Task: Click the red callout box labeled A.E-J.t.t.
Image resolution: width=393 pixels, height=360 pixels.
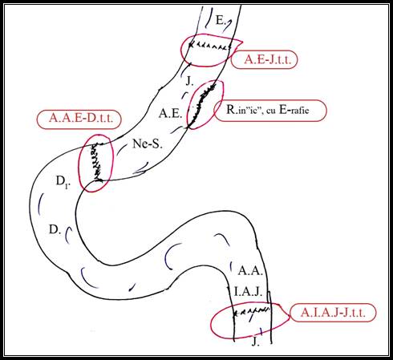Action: (x=264, y=59)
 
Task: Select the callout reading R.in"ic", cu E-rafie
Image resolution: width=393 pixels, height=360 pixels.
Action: (x=270, y=111)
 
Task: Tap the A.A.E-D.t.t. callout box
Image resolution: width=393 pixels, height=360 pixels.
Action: (x=79, y=119)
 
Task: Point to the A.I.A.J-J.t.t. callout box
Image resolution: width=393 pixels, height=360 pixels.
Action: (x=333, y=313)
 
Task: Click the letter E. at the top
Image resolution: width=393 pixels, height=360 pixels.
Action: (x=221, y=20)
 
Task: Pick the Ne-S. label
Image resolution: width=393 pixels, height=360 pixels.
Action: (x=148, y=144)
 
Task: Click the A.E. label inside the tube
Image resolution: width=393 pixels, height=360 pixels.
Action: (x=170, y=114)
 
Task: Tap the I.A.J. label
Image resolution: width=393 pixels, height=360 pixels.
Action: (x=248, y=292)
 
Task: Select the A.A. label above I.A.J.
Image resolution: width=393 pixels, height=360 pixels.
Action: (x=250, y=271)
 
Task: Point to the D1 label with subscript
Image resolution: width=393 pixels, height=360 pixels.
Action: (x=63, y=182)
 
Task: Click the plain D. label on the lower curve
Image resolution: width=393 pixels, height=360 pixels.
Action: (x=55, y=229)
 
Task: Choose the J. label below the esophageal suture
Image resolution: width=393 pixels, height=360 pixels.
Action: (x=189, y=81)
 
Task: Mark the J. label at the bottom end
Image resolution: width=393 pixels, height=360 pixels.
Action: (x=255, y=342)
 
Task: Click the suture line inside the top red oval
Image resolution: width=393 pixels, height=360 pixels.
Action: (x=209, y=46)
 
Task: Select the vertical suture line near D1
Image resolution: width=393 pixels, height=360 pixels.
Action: (x=97, y=162)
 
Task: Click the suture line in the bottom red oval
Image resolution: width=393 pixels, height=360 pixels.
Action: (x=252, y=311)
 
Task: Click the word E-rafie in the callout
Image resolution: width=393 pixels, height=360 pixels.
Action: (x=294, y=110)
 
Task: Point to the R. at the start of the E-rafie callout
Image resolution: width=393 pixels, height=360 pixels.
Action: (x=230, y=110)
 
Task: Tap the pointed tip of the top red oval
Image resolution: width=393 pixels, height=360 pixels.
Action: (x=242, y=42)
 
